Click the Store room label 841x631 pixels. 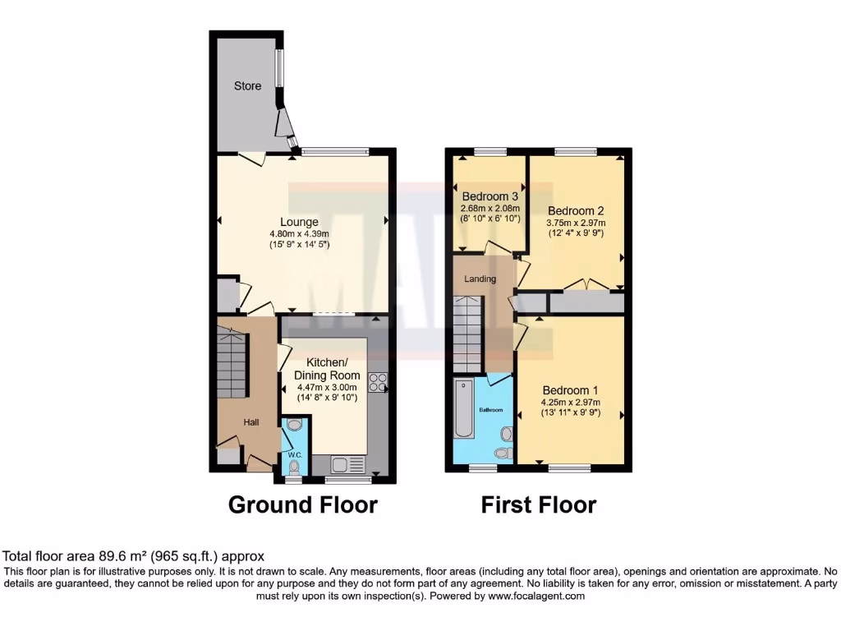247,85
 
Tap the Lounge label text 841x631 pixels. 299,222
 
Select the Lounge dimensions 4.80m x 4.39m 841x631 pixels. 299,233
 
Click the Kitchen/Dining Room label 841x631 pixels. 333,369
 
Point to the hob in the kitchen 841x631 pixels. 379,382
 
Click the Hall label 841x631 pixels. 250,422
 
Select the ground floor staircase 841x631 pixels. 232,362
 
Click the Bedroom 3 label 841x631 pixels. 489,197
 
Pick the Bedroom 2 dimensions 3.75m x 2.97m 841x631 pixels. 576,222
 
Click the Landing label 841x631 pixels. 480,279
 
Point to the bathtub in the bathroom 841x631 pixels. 464,408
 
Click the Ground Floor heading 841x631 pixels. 302,504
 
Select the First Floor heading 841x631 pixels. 538,504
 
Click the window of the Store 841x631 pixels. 278,69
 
